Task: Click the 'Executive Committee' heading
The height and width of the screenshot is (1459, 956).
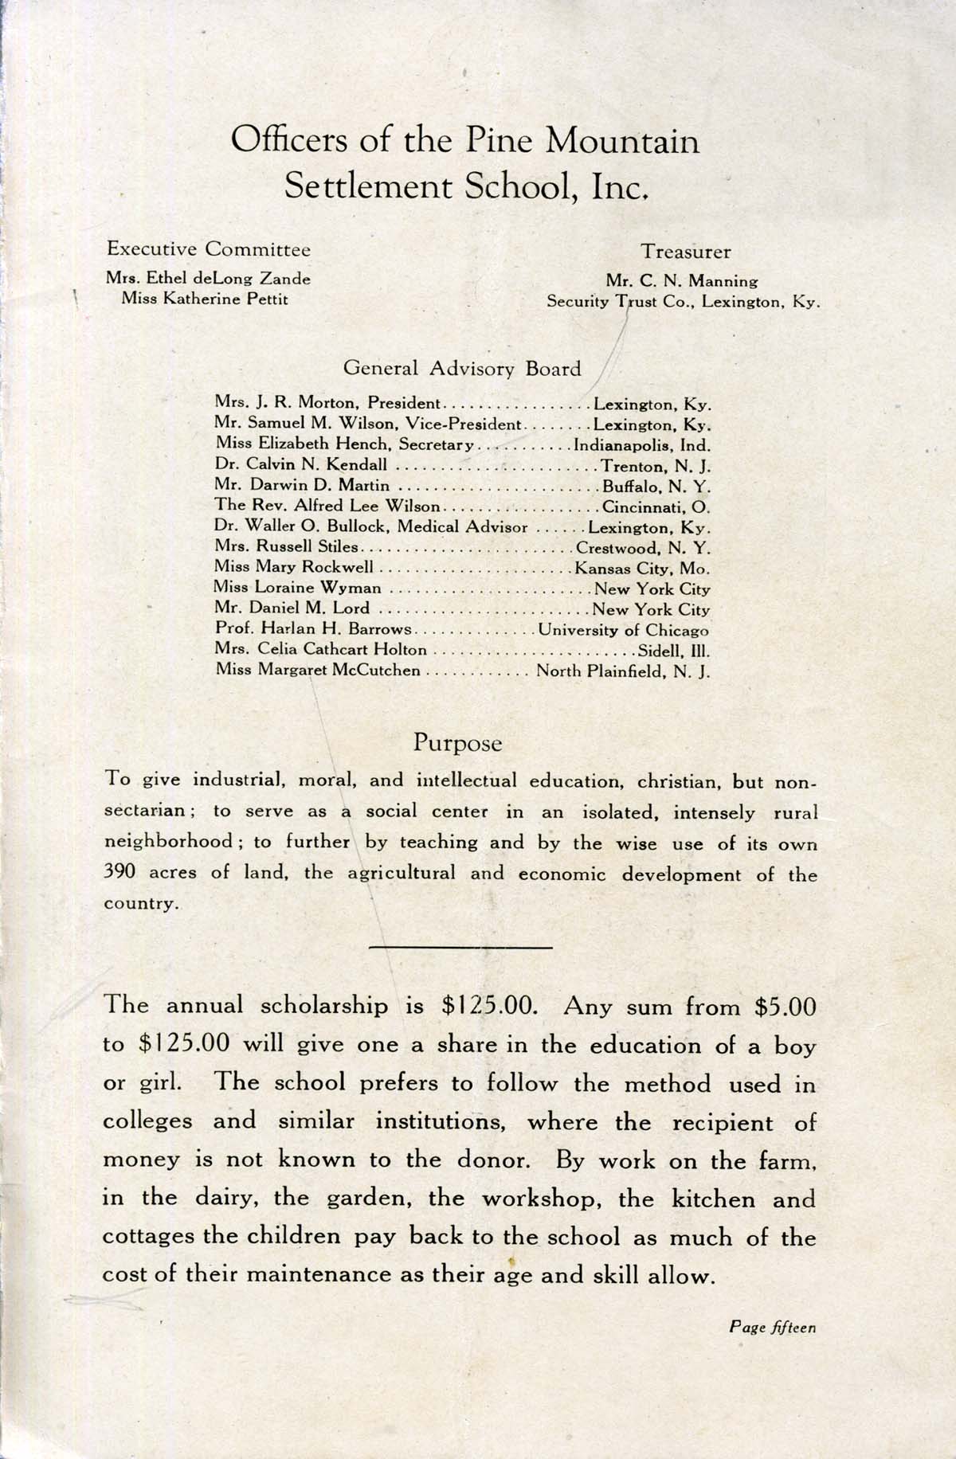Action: (209, 249)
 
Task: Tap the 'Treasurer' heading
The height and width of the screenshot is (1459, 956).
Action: (686, 252)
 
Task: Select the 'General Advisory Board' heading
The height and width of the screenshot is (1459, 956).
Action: (462, 369)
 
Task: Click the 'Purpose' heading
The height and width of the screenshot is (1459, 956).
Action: (458, 743)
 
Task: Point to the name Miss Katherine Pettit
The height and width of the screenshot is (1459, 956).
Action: (204, 299)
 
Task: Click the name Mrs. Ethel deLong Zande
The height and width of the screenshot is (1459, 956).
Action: (208, 279)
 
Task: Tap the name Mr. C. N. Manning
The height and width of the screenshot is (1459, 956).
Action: (681, 280)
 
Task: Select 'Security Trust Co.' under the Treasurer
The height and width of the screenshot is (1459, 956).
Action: (621, 302)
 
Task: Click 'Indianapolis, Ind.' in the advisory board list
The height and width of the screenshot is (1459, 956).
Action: (642, 446)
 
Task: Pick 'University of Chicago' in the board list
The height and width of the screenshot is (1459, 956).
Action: (624, 630)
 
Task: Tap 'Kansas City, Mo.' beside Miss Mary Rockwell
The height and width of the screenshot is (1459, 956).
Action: (642, 569)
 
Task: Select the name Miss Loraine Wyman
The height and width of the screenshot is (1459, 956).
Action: (298, 589)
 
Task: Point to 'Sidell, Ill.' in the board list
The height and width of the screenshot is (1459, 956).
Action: (674, 650)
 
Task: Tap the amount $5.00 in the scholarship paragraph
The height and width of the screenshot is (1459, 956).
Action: (786, 1007)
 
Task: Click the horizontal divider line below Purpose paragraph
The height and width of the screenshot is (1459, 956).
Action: (461, 947)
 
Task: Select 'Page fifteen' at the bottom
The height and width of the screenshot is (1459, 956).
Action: (772, 1328)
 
